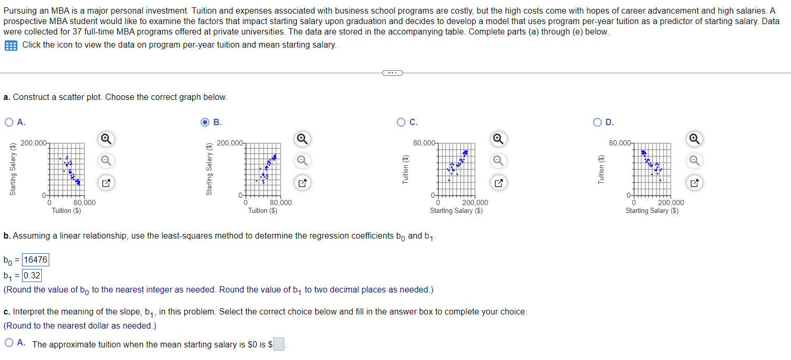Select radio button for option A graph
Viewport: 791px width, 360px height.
(x=9, y=122)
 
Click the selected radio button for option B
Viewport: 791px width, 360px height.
(x=206, y=122)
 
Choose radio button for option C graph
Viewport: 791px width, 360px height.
(x=402, y=122)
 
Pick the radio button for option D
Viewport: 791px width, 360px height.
(x=597, y=122)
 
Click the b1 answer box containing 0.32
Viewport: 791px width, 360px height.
(x=32, y=276)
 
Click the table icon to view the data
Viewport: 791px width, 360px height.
(x=10, y=46)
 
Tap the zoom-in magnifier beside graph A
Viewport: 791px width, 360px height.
(x=105, y=139)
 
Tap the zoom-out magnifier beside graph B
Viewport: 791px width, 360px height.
(x=302, y=160)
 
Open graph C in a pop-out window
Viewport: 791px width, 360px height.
(x=498, y=183)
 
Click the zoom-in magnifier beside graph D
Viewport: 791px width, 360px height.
(x=694, y=139)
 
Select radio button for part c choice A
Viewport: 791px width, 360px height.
(x=9, y=344)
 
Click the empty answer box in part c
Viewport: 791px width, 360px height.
(x=279, y=344)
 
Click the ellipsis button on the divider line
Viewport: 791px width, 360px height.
(x=392, y=73)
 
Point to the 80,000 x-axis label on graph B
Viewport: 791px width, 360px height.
(x=281, y=203)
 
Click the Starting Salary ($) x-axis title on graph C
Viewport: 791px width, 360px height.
(x=456, y=211)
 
